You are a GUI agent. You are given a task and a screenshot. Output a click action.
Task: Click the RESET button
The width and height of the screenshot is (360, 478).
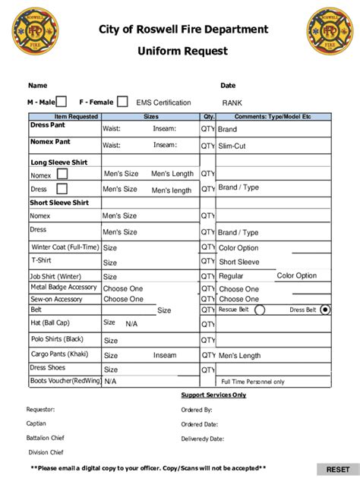coord(337,470)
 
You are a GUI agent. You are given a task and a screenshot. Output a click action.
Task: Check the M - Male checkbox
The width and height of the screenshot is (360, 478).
coord(62,102)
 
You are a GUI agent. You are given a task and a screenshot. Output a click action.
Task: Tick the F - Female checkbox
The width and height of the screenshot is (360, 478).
coord(122,102)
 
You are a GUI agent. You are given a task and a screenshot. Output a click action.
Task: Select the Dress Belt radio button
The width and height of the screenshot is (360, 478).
coord(326,310)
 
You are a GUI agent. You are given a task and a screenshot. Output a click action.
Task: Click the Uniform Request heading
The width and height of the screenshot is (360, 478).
coord(182,51)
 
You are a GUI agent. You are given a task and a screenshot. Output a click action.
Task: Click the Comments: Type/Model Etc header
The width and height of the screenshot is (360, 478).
coord(273,117)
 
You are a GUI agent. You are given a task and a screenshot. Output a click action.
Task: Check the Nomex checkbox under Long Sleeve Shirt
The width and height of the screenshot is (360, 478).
coord(62,175)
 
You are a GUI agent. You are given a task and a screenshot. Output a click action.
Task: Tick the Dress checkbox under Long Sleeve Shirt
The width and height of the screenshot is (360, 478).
coord(62,189)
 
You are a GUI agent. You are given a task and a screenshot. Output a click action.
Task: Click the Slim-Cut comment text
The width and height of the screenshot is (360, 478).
coord(232,146)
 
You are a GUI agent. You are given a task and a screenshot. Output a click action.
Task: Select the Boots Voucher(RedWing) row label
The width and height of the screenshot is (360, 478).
coord(65,380)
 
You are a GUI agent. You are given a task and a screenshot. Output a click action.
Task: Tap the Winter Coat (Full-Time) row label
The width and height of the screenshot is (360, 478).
coord(65,247)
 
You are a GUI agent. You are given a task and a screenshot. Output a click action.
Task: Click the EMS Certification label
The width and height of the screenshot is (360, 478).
coord(163,102)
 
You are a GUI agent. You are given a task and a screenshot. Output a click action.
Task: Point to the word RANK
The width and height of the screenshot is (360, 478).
coord(232,102)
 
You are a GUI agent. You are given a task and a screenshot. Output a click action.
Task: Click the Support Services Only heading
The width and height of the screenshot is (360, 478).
coord(213,395)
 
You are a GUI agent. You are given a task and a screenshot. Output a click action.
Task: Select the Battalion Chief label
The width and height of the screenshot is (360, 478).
coord(45,438)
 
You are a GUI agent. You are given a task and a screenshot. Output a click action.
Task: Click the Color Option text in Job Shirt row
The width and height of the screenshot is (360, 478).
coord(296,275)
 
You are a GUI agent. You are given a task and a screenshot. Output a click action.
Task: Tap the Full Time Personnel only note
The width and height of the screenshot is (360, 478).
coord(252,382)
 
